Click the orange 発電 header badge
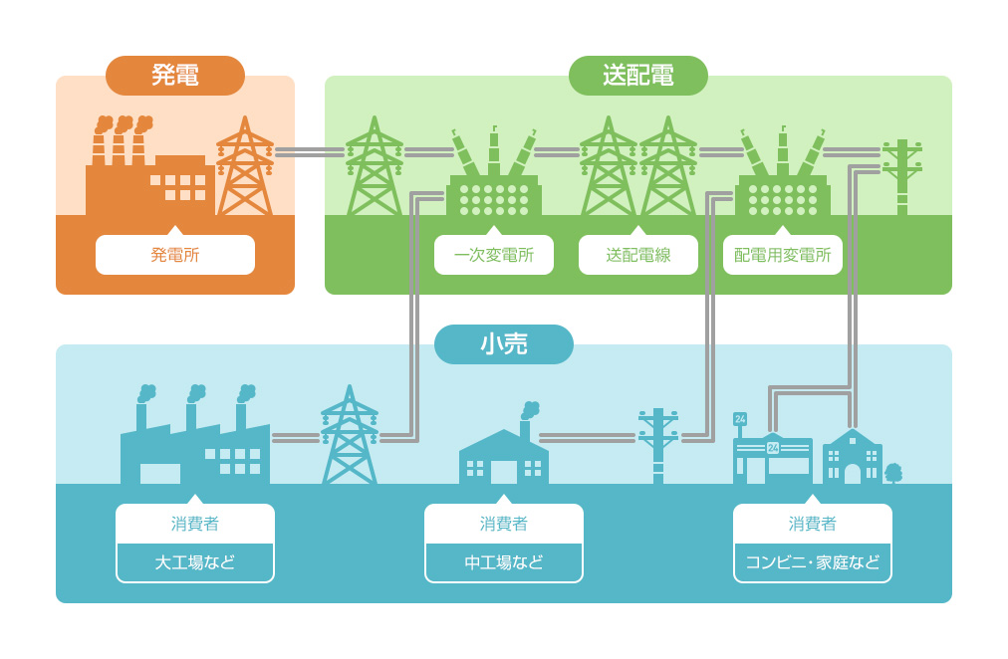175,76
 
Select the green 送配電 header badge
637,76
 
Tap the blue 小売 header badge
504,344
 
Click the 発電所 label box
175,255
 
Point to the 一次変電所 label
494,255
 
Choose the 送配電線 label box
637,255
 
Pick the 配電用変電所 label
782,255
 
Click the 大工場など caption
195,562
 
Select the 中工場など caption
504,562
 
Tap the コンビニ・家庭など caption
813,562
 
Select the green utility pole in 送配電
902,176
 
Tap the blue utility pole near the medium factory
658,444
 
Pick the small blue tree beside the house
892,473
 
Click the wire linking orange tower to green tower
310,152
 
